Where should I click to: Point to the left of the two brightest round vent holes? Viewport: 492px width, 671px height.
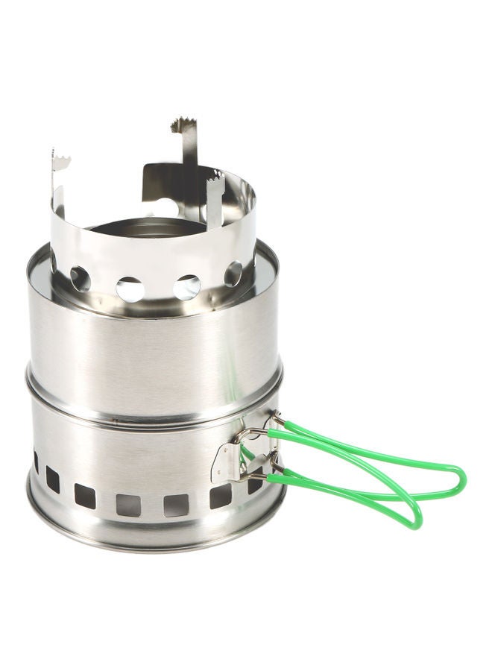click(x=130, y=289)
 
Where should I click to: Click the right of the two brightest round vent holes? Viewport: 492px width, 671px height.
click(x=186, y=286)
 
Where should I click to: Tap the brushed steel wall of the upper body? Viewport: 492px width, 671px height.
click(x=149, y=350)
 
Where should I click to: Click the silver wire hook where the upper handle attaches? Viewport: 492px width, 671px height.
click(x=257, y=432)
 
